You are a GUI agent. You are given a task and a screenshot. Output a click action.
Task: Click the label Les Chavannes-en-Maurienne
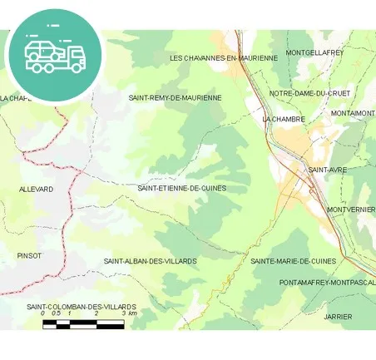tap(223, 58)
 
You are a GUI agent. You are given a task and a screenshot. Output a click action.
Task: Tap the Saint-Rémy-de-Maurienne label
tap(175, 97)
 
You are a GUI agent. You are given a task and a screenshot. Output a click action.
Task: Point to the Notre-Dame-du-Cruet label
tap(309, 93)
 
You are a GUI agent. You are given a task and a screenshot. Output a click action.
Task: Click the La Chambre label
tap(284, 119)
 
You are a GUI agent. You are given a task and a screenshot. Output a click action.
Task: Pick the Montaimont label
tap(353, 113)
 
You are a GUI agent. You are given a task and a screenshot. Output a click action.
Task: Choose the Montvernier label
tap(351, 210)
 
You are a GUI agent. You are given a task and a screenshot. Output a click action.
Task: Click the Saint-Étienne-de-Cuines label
tap(181, 188)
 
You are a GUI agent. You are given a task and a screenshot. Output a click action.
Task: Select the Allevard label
tap(36, 190)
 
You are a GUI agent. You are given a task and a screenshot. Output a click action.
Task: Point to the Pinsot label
tap(29, 255)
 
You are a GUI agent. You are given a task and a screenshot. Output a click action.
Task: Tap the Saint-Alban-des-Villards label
tap(150, 261)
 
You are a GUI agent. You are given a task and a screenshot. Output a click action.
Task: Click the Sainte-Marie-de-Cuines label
tap(293, 261)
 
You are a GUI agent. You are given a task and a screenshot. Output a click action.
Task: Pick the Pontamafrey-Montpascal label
tap(327, 283)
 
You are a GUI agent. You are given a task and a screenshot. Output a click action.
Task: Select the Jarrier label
tap(339, 317)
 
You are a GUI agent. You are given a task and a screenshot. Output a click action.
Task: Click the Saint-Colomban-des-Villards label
tap(82, 307)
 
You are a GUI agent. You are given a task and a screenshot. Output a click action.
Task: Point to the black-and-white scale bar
tap(83, 324)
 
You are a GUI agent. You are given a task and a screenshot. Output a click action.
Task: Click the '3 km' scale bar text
tap(130, 313)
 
